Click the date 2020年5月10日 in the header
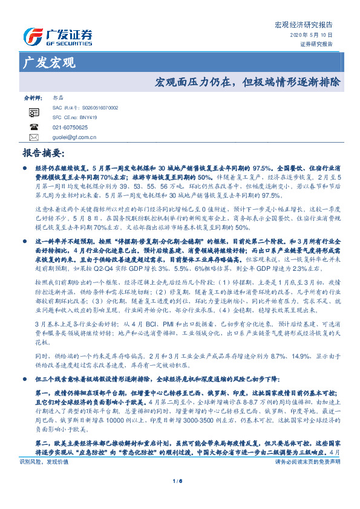click(315, 36)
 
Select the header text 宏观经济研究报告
click(304, 25)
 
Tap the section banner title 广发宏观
click(50, 62)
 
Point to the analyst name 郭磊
click(57, 97)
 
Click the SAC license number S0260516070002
click(93, 107)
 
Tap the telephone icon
click(34, 128)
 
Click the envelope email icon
click(34, 137)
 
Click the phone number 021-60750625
click(70, 128)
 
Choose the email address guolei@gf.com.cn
click(75, 137)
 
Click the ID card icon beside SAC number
click(34, 112)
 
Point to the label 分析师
click(33, 97)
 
